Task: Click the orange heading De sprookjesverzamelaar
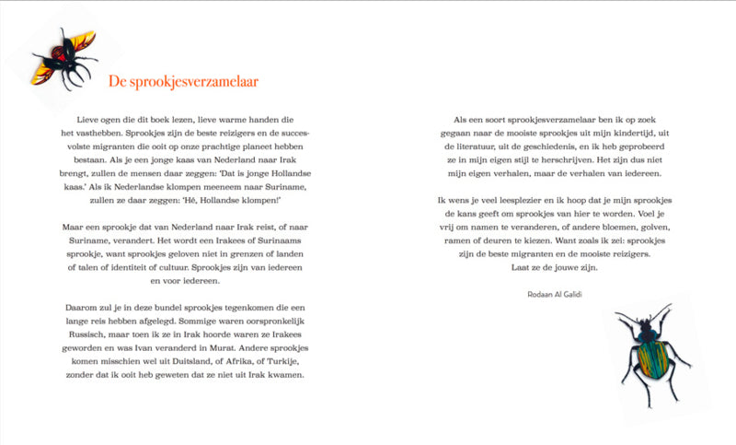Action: [182, 82]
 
